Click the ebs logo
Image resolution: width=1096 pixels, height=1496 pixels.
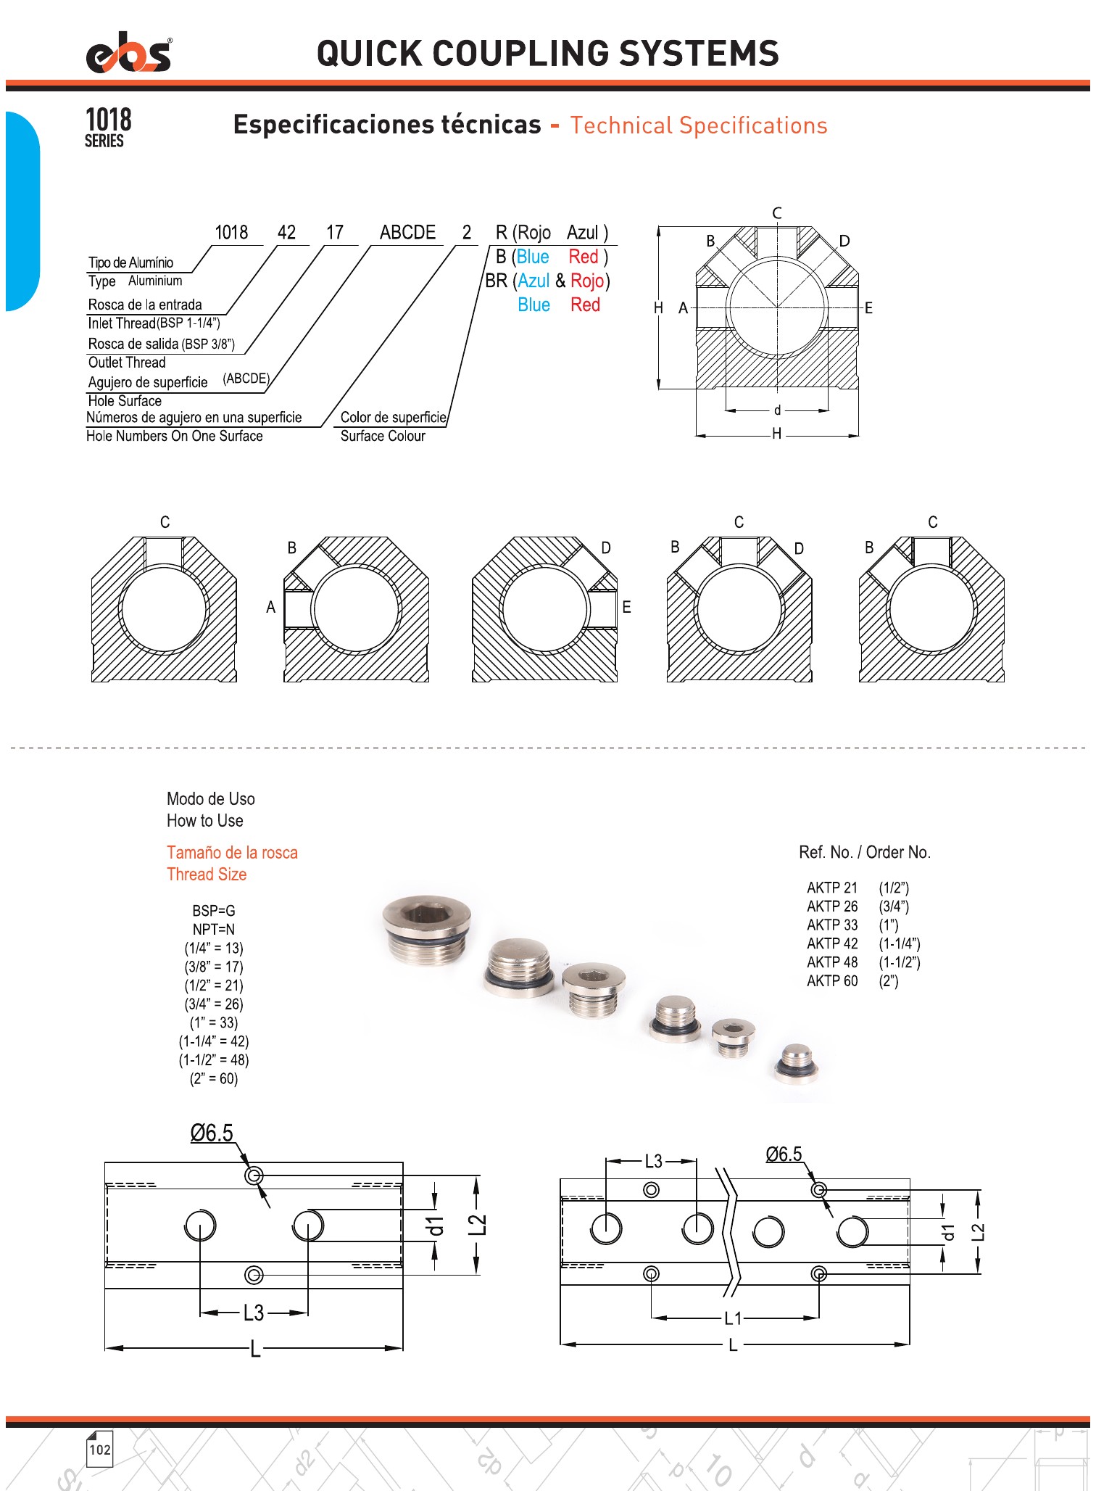[x=129, y=54]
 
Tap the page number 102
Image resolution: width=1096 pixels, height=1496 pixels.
[x=99, y=1450]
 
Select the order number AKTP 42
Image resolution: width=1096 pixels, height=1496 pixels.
[x=832, y=943]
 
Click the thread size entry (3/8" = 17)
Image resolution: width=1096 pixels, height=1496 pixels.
[x=214, y=967]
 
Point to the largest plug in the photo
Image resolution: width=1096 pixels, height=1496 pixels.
[x=428, y=928]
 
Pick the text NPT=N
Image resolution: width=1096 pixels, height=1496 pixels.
[x=214, y=929]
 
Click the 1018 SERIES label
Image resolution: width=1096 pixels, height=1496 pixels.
[x=108, y=127]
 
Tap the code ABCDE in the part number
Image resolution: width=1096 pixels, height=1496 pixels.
[x=407, y=233]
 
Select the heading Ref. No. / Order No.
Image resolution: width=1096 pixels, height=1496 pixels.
[x=865, y=852]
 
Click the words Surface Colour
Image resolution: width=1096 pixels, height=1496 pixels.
[x=383, y=436]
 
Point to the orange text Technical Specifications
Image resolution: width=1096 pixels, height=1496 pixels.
[x=698, y=125]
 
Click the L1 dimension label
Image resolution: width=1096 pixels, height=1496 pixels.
[x=733, y=1318]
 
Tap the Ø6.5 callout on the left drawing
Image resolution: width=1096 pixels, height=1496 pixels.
[x=212, y=1133]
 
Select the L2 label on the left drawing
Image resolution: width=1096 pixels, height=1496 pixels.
[x=478, y=1224]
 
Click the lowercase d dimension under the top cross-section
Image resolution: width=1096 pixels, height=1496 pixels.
[x=777, y=410]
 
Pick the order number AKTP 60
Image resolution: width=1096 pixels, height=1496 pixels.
[x=832, y=981]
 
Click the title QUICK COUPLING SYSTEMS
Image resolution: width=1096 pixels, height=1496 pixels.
[x=547, y=54]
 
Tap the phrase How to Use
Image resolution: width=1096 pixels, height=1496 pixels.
[x=205, y=821]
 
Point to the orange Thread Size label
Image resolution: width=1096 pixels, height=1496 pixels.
[x=207, y=875]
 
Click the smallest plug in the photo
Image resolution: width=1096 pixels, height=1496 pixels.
[x=797, y=1062]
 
